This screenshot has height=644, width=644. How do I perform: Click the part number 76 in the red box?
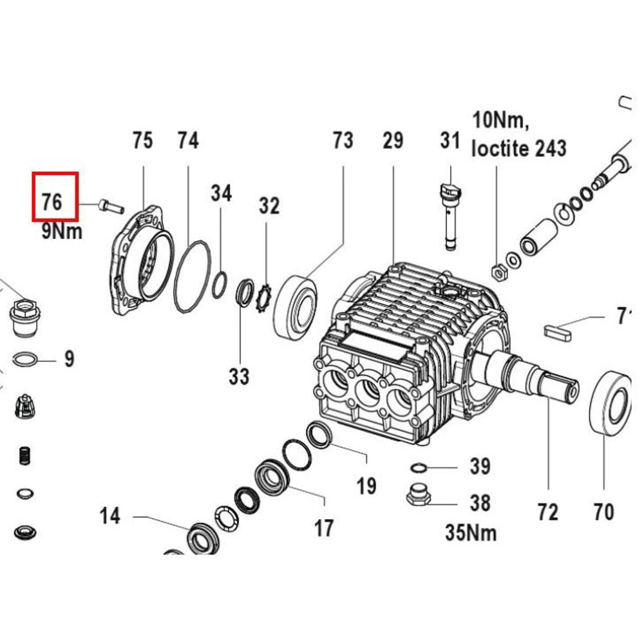pos(52,201)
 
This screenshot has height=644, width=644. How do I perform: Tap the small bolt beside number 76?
pos(111,206)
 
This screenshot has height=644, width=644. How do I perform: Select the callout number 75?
pos(142,140)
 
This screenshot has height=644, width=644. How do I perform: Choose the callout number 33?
pos(239,375)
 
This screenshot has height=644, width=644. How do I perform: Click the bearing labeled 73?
pos(296,307)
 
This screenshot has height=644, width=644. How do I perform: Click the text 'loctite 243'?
pos(519,148)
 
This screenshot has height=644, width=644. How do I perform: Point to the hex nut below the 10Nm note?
pos(497,271)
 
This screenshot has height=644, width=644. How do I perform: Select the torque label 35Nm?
pos(471,532)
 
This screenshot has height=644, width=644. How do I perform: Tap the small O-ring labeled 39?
pos(418,466)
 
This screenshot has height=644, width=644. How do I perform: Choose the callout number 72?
pos(547,512)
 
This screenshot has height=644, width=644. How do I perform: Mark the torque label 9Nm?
pos(62,231)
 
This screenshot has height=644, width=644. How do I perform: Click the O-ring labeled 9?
pos(24,358)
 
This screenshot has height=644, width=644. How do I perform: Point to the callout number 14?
pos(109,516)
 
